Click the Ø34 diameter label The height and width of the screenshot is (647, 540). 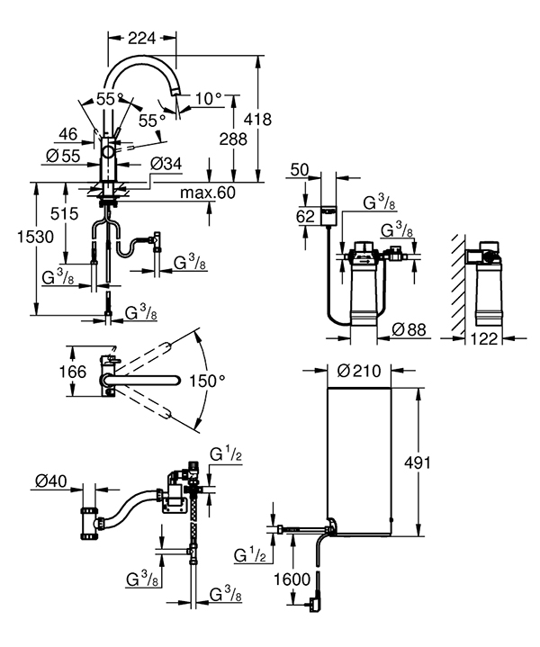coord(168,164)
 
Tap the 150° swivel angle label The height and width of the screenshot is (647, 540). coord(207,381)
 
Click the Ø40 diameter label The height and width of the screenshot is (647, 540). coord(52,482)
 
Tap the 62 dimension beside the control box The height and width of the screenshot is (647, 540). coord(307,216)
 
